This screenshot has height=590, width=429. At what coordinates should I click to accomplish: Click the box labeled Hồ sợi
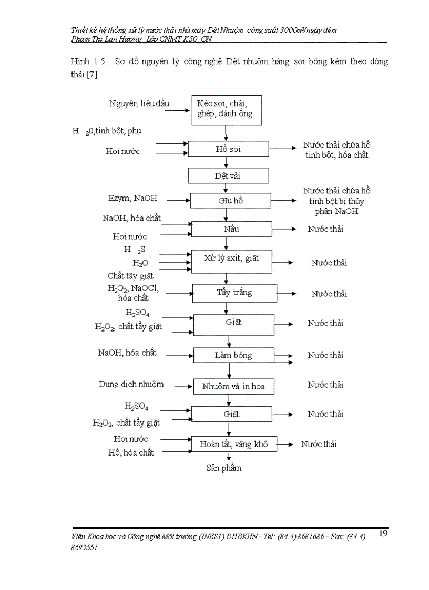click(229, 149)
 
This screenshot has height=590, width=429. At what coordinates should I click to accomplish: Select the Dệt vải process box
click(229, 175)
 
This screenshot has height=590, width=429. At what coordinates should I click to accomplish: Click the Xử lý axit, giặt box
click(231, 258)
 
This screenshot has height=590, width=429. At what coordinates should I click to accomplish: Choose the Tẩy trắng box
click(234, 293)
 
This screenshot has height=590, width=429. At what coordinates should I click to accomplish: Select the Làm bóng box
click(233, 355)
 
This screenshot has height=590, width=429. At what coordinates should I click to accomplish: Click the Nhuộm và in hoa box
click(233, 387)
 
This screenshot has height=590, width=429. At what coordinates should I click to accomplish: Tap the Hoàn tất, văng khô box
click(233, 444)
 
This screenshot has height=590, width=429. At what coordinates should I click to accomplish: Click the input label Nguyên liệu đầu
click(139, 103)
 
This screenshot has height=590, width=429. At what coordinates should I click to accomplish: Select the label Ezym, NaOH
click(132, 199)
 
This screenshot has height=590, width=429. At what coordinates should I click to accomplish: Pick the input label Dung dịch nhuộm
click(131, 384)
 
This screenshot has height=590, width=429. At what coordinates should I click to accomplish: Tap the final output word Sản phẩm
click(224, 467)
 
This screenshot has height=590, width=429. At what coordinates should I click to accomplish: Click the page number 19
click(383, 534)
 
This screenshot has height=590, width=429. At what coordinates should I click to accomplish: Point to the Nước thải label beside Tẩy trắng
click(329, 294)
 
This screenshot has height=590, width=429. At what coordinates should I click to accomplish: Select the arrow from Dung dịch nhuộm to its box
click(183, 386)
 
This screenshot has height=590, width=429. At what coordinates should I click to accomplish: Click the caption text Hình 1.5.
click(88, 61)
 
